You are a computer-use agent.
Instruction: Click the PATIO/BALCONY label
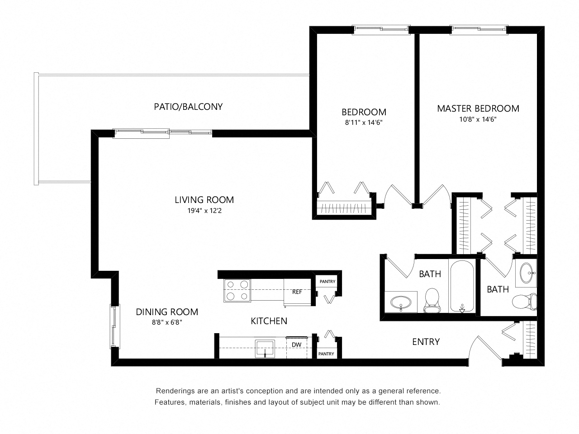(188, 107)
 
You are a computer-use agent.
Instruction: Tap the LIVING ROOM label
(204, 199)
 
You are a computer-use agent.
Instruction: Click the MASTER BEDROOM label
(478, 108)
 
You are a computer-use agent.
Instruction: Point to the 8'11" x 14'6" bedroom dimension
(364, 123)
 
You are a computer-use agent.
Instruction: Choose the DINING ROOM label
(167, 311)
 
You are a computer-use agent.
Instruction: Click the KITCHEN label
(269, 321)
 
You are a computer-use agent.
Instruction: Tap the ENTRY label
(426, 342)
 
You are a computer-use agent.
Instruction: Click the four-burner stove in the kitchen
(237, 291)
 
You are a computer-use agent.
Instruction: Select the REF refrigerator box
(297, 292)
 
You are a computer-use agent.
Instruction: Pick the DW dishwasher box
(296, 345)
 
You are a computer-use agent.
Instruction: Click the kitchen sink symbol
(265, 348)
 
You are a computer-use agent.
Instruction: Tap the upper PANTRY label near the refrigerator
(327, 282)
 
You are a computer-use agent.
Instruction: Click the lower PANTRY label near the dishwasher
(326, 354)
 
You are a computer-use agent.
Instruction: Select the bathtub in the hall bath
(462, 286)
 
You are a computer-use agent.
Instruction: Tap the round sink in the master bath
(527, 273)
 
